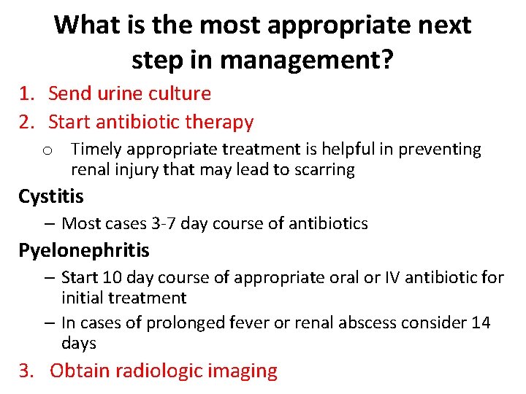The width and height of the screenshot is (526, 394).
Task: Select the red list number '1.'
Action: [x=27, y=93]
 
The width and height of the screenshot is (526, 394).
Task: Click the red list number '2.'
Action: [x=27, y=122]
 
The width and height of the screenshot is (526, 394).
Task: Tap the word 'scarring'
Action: [x=323, y=170]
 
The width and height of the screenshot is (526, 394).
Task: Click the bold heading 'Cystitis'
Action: [x=51, y=196]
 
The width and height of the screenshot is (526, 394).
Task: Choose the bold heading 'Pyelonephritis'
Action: [x=83, y=250]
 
